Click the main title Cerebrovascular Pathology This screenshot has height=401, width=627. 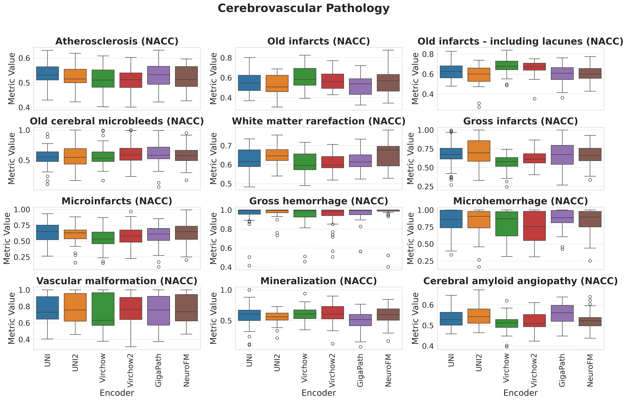(303, 8)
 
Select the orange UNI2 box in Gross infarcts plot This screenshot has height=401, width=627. (479, 151)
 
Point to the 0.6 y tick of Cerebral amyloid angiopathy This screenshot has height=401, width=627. (427, 305)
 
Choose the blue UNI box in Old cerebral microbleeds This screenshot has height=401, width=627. (47, 157)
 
